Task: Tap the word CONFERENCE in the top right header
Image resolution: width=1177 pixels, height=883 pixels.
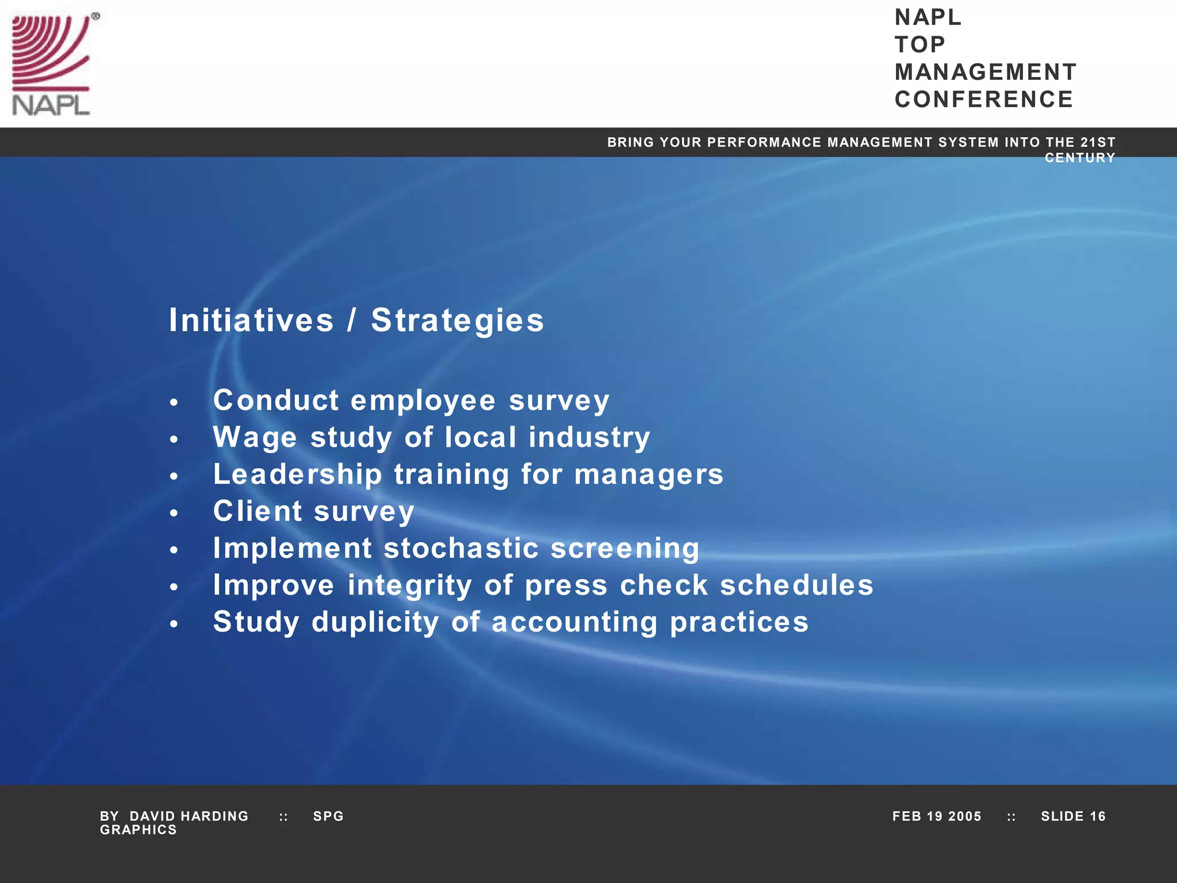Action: click(x=983, y=99)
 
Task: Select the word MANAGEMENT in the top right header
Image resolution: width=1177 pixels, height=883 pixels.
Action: click(x=985, y=72)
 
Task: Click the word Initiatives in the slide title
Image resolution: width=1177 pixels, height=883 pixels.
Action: click(x=251, y=320)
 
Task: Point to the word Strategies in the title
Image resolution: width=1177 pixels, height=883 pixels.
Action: click(x=457, y=320)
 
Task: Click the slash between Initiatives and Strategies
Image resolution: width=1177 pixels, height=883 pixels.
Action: click(x=352, y=320)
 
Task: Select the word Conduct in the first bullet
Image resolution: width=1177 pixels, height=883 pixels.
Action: click(x=276, y=400)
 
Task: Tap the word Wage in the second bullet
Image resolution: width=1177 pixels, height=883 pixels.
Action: click(x=255, y=437)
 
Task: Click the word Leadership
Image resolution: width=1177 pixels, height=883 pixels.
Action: click(x=297, y=474)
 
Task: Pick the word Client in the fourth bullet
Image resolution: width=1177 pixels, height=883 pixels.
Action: click(x=257, y=511)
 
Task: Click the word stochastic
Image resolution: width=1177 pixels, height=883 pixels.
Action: click(x=461, y=548)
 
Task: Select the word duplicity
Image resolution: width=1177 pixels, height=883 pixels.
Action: click(x=375, y=622)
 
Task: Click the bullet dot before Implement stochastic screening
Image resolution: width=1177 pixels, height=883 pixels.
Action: click(x=174, y=550)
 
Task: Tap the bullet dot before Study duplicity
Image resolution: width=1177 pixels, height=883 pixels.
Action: click(x=174, y=624)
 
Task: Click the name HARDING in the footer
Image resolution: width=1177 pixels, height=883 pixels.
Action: click(x=214, y=816)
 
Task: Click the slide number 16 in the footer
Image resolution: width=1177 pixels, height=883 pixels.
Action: click(x=1097, y=816)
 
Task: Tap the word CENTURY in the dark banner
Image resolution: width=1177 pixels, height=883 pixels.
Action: click(x=1079, y=158)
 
